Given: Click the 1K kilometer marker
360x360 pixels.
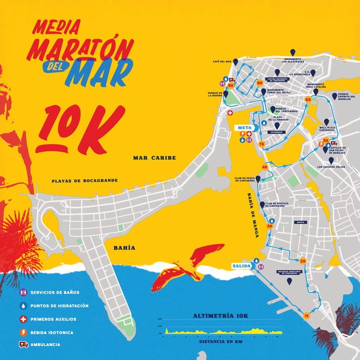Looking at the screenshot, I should point(307,315).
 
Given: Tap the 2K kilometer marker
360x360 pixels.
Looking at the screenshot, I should point(303,261).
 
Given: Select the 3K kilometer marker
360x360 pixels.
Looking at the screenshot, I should point(270,226).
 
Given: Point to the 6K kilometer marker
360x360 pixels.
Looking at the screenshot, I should point(308,99).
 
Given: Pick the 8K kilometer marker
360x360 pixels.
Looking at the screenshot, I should point(260,83).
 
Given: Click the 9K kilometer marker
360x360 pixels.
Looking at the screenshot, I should point(231,85).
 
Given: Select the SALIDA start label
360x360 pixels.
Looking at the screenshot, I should point(241,266).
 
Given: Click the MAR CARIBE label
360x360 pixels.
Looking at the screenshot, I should point(154,158).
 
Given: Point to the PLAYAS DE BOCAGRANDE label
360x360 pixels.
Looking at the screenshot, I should point(85,181).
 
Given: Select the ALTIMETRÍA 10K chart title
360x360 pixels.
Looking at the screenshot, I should point(220,316).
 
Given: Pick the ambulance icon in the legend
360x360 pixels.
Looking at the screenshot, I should point(24,345).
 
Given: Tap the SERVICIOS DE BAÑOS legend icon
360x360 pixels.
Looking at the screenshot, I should point(24,292).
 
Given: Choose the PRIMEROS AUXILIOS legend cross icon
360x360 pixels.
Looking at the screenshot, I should point(24,319).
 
